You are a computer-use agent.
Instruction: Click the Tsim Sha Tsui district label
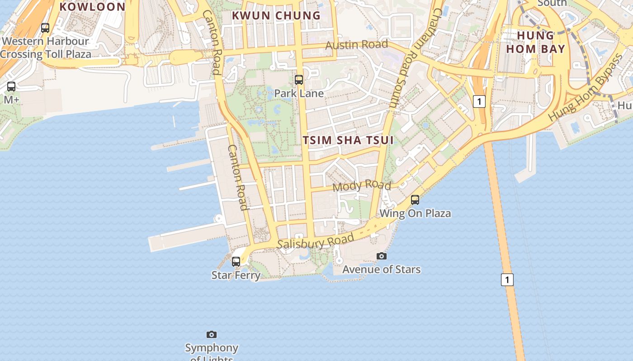coord(348,140)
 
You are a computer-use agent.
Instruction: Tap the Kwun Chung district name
coord(276,15)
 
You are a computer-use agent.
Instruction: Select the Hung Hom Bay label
coord(535,42)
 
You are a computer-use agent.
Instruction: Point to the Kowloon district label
coord(92,7)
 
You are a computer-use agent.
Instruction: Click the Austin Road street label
coord(357,45)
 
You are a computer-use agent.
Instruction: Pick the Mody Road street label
coord(362,185)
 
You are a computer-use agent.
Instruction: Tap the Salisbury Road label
coord(316,242)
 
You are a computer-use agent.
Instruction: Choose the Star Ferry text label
coord(236,275)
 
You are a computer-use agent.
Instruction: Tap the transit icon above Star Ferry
coord(236,261)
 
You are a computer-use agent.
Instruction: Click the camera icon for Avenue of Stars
coord(382,256)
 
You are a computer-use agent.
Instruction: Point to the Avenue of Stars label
coord(382,269)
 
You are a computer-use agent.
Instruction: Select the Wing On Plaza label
coord(415,213)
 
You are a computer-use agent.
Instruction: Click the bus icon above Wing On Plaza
coord(415,199)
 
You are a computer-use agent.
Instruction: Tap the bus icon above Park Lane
coord(299,80)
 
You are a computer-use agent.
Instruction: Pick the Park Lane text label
coord(299,93)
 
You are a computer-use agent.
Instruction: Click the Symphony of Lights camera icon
coord(212,334)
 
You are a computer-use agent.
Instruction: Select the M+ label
coord(11,100)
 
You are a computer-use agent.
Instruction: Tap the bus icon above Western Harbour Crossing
coord(45,28)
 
